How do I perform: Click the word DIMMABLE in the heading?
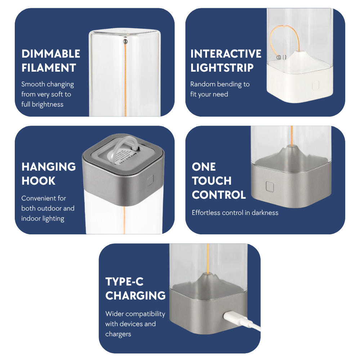coord(51,54)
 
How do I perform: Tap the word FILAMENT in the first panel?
coord(49,68)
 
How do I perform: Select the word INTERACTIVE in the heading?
coord(226,54)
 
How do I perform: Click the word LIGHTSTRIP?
coord(222,68)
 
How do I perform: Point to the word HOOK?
coord(39,181)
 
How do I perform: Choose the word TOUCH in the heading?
coord(212,181)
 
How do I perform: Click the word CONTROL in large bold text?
coord(219,195)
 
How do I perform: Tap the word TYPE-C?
coord(125,282)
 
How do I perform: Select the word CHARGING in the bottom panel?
coord(135,296)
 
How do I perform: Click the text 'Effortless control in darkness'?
coord(235,213)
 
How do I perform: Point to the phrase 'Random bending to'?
coord(220,84)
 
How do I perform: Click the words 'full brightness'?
coord(42,104)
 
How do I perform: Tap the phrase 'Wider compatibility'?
coord(135,314)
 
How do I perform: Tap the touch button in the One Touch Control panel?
coord(269,186)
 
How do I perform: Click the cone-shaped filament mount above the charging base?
coord(207,277)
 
